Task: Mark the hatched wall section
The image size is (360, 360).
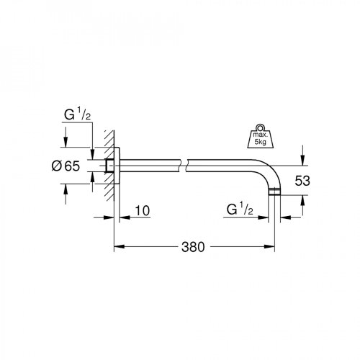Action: coord(108,166)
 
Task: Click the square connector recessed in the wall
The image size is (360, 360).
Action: coord(109,166)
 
